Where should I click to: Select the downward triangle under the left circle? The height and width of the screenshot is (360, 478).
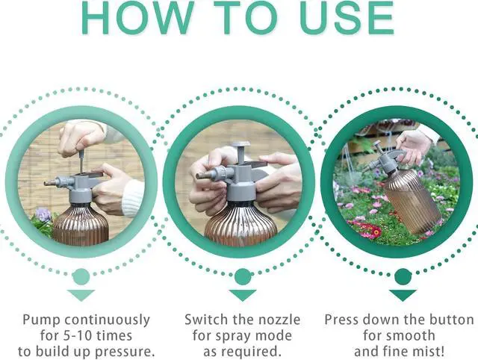tap(81, 294)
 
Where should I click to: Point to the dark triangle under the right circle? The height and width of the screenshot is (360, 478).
tap(404, 294)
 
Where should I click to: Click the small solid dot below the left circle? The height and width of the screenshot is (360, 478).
tap(81, 276)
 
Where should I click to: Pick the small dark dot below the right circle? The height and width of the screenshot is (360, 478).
tap(404, 276)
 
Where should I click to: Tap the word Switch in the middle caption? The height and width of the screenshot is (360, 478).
tap(205, 320)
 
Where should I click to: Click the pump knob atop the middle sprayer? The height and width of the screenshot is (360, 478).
tap(240, 146)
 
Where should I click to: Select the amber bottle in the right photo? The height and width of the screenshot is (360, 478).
tap(411, 199)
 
